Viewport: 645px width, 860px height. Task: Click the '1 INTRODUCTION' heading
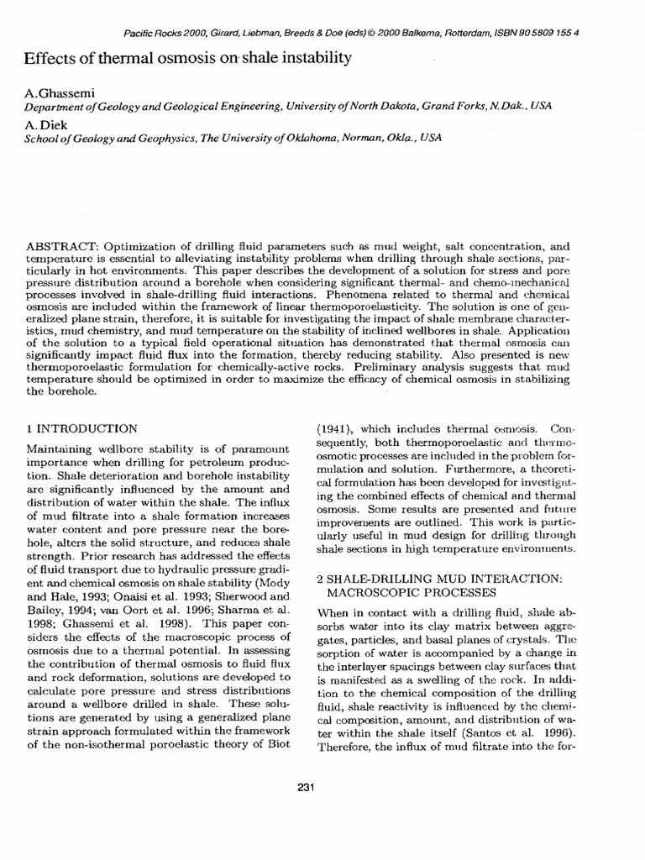tap(82, 427)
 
